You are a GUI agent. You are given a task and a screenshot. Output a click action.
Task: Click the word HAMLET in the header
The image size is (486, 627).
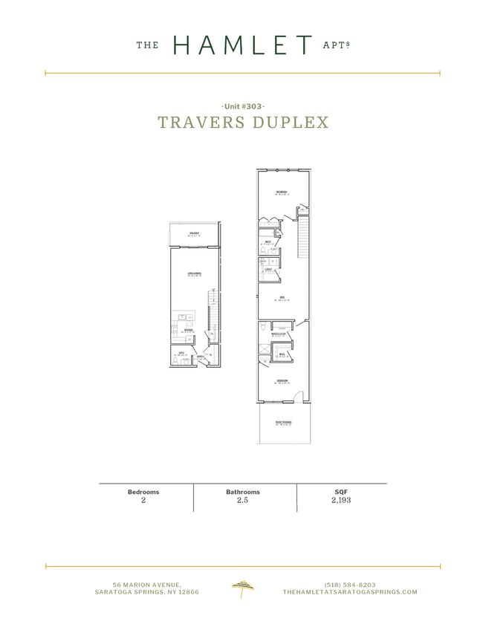point(242,45)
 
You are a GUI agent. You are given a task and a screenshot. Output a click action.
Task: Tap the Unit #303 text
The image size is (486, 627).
point(243,106)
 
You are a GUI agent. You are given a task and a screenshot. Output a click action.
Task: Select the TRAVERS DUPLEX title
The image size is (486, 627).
point(243,123)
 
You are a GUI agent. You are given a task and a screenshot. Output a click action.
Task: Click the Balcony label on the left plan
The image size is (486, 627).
point(194,233)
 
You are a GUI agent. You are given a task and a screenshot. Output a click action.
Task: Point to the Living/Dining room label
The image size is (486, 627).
point(194,275)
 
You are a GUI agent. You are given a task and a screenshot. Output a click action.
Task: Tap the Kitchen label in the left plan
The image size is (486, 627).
point(189,331)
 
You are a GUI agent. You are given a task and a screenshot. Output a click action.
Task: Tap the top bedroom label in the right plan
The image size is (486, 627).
point(282,192)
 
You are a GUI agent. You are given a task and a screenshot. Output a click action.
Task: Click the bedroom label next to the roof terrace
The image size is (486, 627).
point(282,382)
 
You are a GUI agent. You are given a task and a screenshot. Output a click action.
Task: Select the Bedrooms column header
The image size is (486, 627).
point(143,492)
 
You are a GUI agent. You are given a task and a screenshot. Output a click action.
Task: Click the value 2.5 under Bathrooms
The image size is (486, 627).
point(243,501)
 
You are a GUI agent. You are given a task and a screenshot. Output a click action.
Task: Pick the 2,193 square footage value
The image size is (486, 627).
point(341,501)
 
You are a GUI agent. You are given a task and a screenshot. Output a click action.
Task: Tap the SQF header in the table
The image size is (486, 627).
point(341,492)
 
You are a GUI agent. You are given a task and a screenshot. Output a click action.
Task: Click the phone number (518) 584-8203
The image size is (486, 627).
point(350,584)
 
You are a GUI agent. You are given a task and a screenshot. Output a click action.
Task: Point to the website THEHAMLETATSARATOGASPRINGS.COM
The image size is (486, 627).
point(350,592)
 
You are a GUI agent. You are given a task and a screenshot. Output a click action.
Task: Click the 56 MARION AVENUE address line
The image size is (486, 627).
point(147,584)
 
